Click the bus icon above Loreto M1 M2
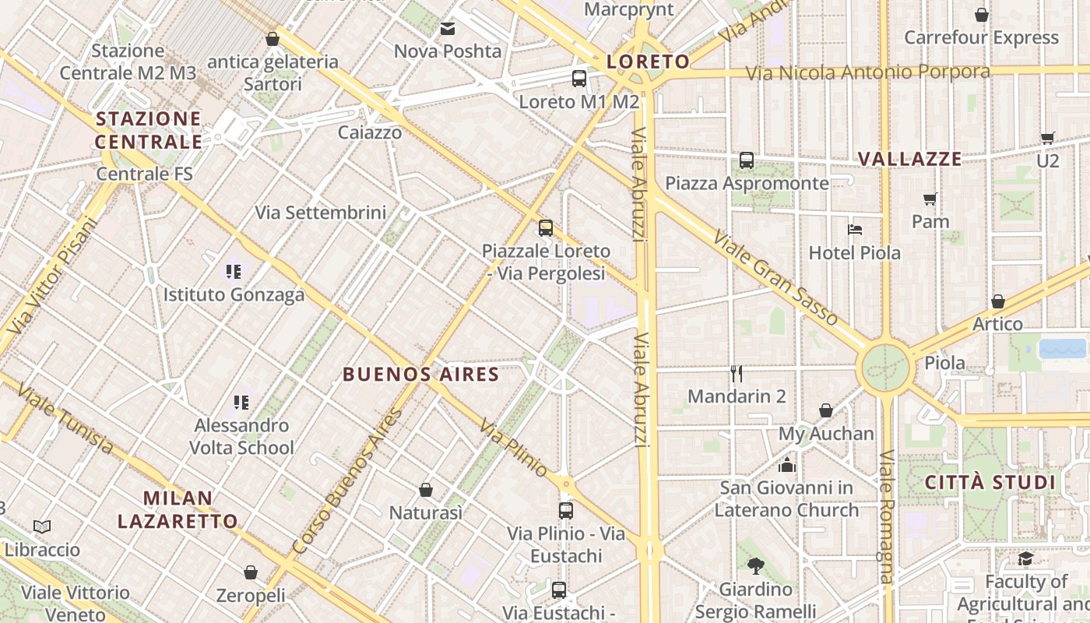click(x=578, y=78)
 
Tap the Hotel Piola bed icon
click(x=855, y=230)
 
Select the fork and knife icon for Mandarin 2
click(x=737, y=374)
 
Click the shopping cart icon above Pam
click(x=930, y=199)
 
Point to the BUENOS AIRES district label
click(x=420, y=375)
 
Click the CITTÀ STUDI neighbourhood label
click(x=990, y=483)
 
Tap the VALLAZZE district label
click(x=909, y=159)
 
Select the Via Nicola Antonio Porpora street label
click(x=868, y=72)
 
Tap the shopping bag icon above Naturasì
click(x=426, y=490)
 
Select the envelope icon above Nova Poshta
click(x=448, y=29)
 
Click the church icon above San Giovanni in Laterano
click(x=787, y=465)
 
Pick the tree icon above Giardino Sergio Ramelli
click(x=755, y=565)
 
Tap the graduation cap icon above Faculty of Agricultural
click(x=1025, y=559)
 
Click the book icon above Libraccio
click(x=42, y=527)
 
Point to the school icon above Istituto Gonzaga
click(x=234, y=272)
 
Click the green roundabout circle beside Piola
click(x=885, y=365)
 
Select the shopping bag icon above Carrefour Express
click(x=982, y=15)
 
